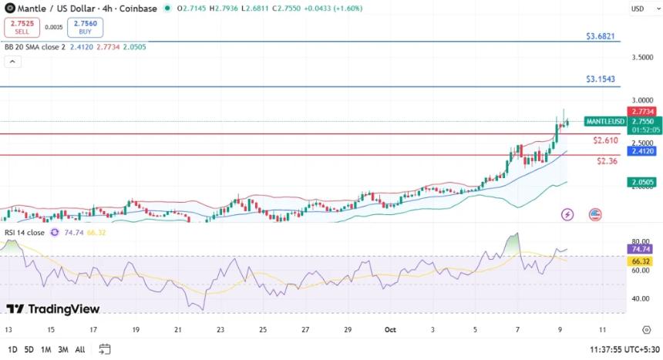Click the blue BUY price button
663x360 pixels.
pyautogui.click(x=85, y=29)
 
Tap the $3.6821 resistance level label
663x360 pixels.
pyautogui.click(x=600, y=36)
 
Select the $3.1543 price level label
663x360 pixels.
pyautogui.click(x=600, y=79)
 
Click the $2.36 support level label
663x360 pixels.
pyautogui.click(x=607, y=161)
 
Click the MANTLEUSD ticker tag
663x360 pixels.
pyautogui.click(x=605, y=122)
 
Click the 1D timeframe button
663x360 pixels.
pyautogui.click(x=12, y=349)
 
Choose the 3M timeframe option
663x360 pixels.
pyautogui.click(x=62, y=349)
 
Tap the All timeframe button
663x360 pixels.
pyautogui.click(x=80, y=349)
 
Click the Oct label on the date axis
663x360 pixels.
pyautogui.click(x=389, y=330)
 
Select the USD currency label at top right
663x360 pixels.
pyautogui.click(x=638, y=8)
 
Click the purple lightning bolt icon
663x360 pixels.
pyautogui.click(x=567, y=214)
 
